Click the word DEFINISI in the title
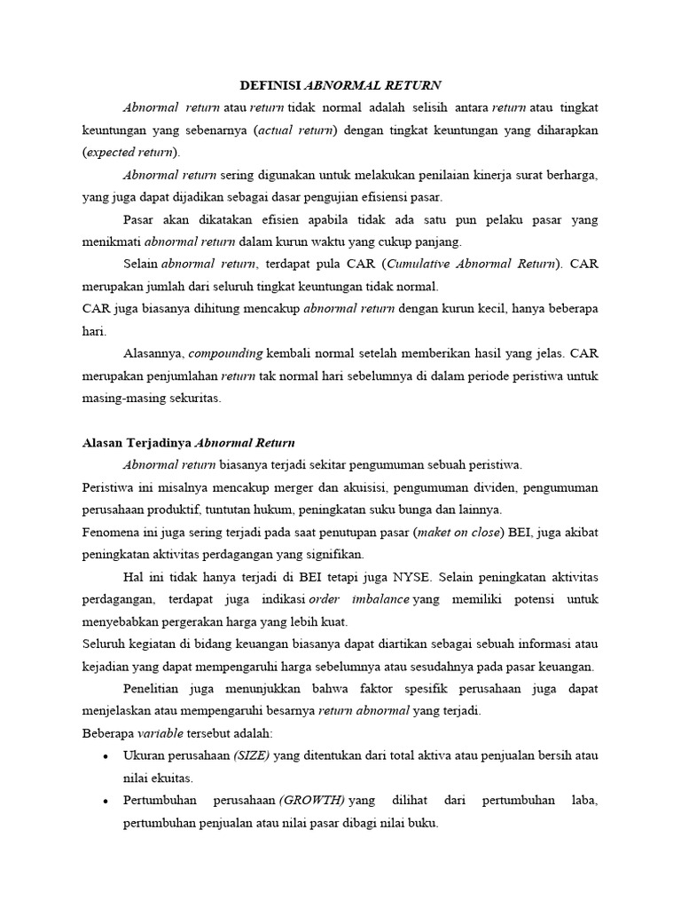coord(271,84)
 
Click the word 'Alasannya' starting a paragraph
coord(153,353)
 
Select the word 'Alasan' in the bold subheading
coord(103,443)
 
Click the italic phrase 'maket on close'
coord(502,532)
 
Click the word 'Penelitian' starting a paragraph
coord(154,688)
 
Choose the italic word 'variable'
coord(160,732)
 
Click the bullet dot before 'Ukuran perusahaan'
coord(106,756)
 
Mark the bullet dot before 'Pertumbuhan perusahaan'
coord(106,801)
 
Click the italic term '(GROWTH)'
coord(312,800)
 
